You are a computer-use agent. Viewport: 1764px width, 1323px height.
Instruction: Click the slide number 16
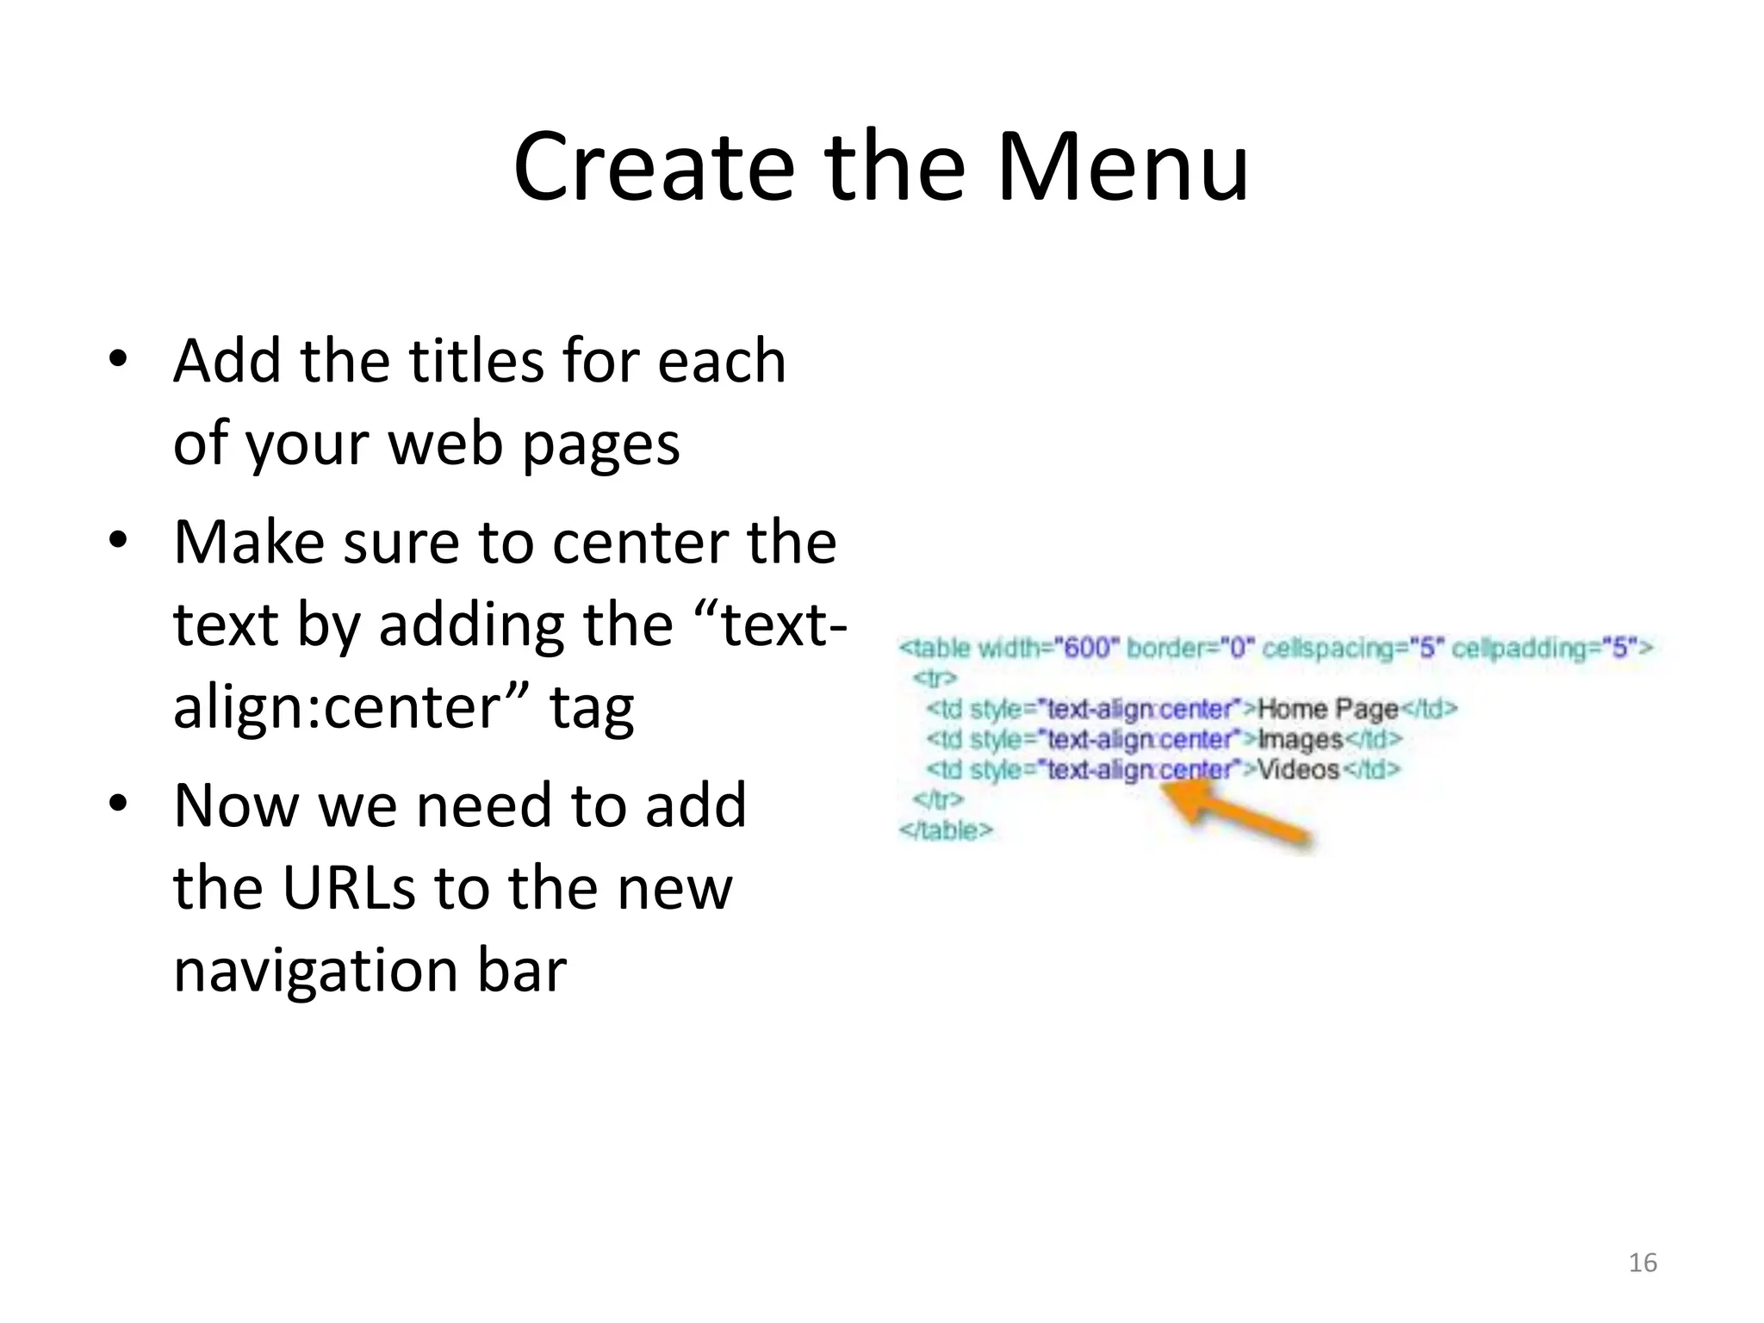(1643, 1263)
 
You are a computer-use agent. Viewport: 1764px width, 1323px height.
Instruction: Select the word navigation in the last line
(315, 971)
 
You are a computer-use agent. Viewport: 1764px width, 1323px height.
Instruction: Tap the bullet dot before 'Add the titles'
(118, 359)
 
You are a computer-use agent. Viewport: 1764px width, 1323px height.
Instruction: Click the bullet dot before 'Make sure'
(118, 541)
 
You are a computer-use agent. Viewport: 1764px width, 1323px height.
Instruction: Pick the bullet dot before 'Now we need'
(118, 804)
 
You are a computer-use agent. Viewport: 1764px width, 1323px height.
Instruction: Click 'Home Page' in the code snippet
(1327, 709)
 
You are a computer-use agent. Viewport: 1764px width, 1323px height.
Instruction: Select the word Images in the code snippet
(1301, 739)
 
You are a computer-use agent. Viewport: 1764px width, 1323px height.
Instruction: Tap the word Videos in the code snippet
(1298, 769)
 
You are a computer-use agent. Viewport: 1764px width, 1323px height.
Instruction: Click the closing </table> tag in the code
(946, 830)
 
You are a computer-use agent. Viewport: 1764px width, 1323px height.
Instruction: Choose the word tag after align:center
(592, 708)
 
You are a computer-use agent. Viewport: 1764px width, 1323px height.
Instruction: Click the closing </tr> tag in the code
(937, 800)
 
